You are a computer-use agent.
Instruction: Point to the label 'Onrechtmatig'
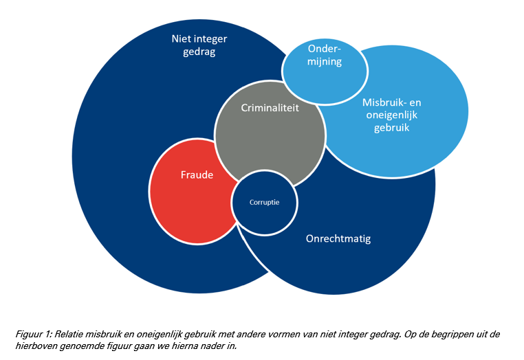[338, 239]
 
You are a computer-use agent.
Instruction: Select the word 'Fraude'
[197, 175]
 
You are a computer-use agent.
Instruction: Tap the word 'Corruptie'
[265, 203]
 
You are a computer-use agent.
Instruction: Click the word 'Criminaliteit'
[270, 108]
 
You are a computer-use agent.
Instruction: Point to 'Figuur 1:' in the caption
[33, 334]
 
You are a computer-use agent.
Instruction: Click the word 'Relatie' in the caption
[67, 334]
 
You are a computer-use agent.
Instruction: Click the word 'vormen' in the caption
[254, 334]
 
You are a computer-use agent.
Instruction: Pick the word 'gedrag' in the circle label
[198, 52]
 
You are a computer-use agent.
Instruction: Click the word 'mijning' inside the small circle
[325, 61]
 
